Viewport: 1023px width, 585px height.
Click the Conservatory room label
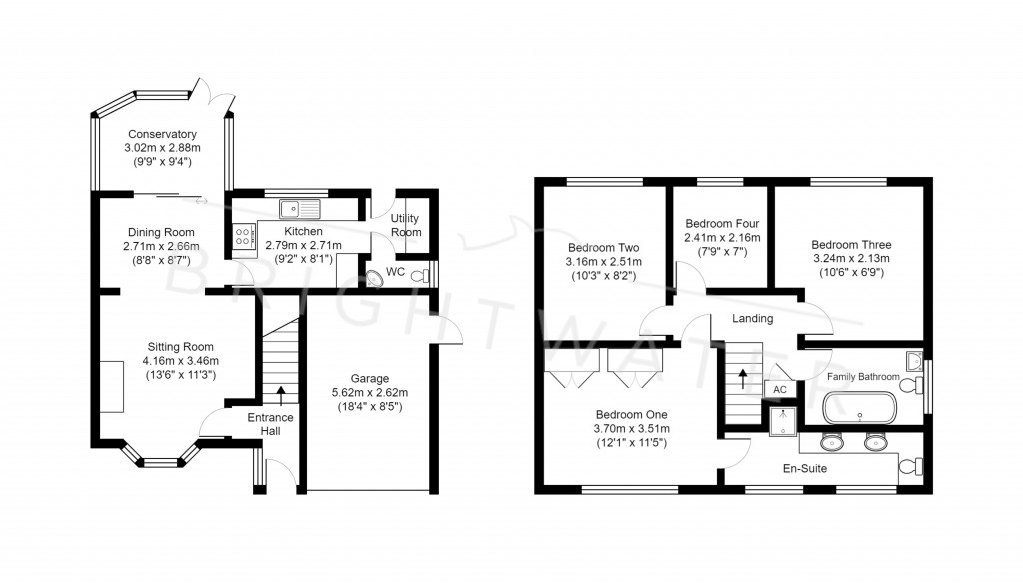[x=161, y=134]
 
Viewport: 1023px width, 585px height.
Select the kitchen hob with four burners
[x=242, y=237]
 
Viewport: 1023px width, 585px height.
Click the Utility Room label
[x=406, y=225]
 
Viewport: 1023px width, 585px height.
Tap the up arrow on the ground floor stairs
[x=280, y=393]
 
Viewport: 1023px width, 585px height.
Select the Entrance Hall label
[x=271, y=424]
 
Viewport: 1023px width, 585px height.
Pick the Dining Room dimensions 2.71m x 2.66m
[x=161, y=246]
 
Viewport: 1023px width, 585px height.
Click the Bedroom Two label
[x=603, y=248]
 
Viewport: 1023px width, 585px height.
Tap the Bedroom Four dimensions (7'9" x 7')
[x=722, y=252]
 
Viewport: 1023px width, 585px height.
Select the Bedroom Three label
[x=851, y=244]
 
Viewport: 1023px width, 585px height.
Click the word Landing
[x=752, y=319]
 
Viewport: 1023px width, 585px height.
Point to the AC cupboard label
[x=780, y=390]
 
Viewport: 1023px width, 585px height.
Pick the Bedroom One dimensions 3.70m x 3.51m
[x=630, y=428]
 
